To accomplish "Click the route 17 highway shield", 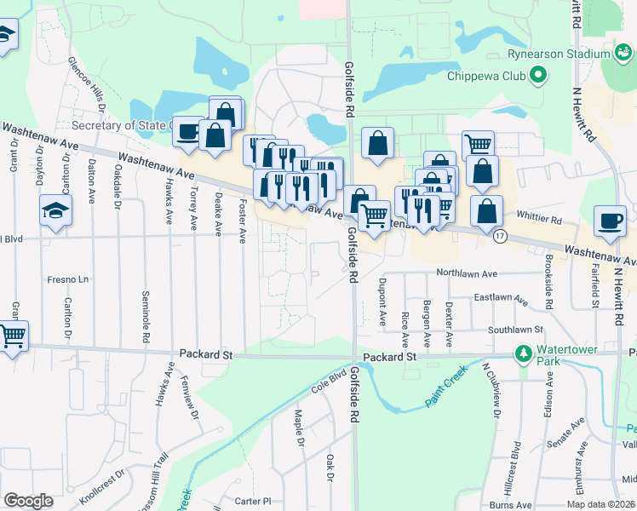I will pyautogui.click(x=502, y=237).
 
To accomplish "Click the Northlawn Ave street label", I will pyautogui.click(x=466, y=274).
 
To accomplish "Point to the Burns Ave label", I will pyautogui.click(x=510, y=505).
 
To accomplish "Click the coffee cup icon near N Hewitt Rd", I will pyautogui.click(x=610, y=221).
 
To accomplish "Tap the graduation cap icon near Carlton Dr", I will pyautogui.click(x=55, y=210).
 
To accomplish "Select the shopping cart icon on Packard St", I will pyautogui.click(x=12, y=336).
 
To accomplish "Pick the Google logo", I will pyautogui.click(x=28, y=502).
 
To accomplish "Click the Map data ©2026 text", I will pyautogui.click(x=600, y=504).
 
